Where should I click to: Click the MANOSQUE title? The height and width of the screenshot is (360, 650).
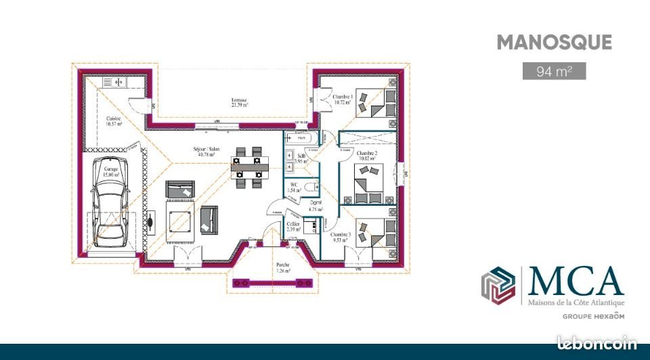coord(554,43)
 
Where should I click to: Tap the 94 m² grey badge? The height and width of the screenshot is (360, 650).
coord(554,71)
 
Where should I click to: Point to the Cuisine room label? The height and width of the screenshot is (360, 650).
coord(113,121)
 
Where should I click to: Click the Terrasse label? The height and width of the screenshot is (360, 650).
coord(239,102)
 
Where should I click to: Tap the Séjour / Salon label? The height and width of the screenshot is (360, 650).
coord(205,152)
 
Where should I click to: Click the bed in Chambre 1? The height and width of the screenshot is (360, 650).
coord(379,101)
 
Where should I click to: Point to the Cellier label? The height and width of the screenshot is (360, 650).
coord(292,226)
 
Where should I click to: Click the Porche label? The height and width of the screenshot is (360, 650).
coord(283,268)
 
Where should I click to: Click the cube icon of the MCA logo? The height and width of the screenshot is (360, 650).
coord(498,285)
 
